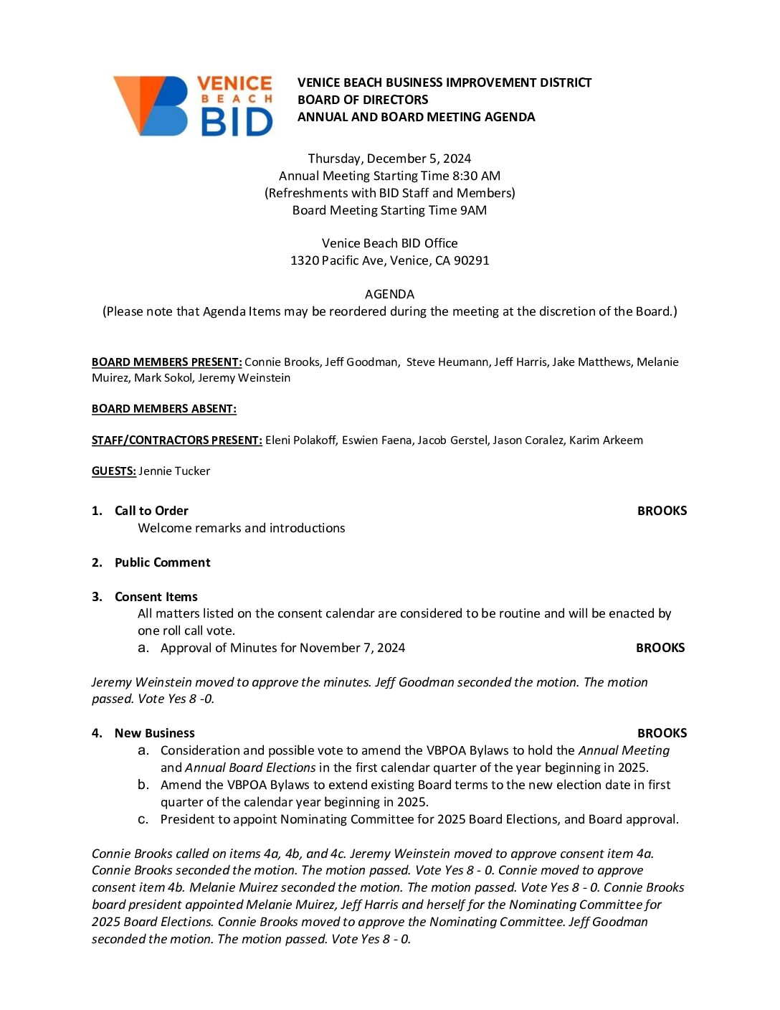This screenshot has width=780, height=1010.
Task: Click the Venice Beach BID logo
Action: [193, 105]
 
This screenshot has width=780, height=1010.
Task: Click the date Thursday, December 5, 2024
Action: [389, 159]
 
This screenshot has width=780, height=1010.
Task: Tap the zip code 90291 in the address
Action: [472, 260]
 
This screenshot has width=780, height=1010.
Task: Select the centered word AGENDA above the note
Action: [389, 294]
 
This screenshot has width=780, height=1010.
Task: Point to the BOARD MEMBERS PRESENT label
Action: [166, 362]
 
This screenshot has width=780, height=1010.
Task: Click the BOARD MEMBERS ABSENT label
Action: [163, 409]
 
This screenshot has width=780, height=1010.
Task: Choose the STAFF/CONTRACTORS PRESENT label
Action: [176, 440]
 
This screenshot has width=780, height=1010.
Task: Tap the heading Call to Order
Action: [151, 511]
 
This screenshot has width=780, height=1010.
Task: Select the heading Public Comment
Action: [162, 562]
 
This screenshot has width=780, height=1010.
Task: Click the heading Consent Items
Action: [156, 597]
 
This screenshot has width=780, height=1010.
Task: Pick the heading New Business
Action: [154, 733]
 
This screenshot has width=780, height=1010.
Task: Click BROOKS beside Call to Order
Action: [662, 511]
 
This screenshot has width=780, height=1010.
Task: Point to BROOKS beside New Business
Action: [662, 733]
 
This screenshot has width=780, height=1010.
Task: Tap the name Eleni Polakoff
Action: [300, 440]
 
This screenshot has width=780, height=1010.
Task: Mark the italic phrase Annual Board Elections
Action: [250, 768]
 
